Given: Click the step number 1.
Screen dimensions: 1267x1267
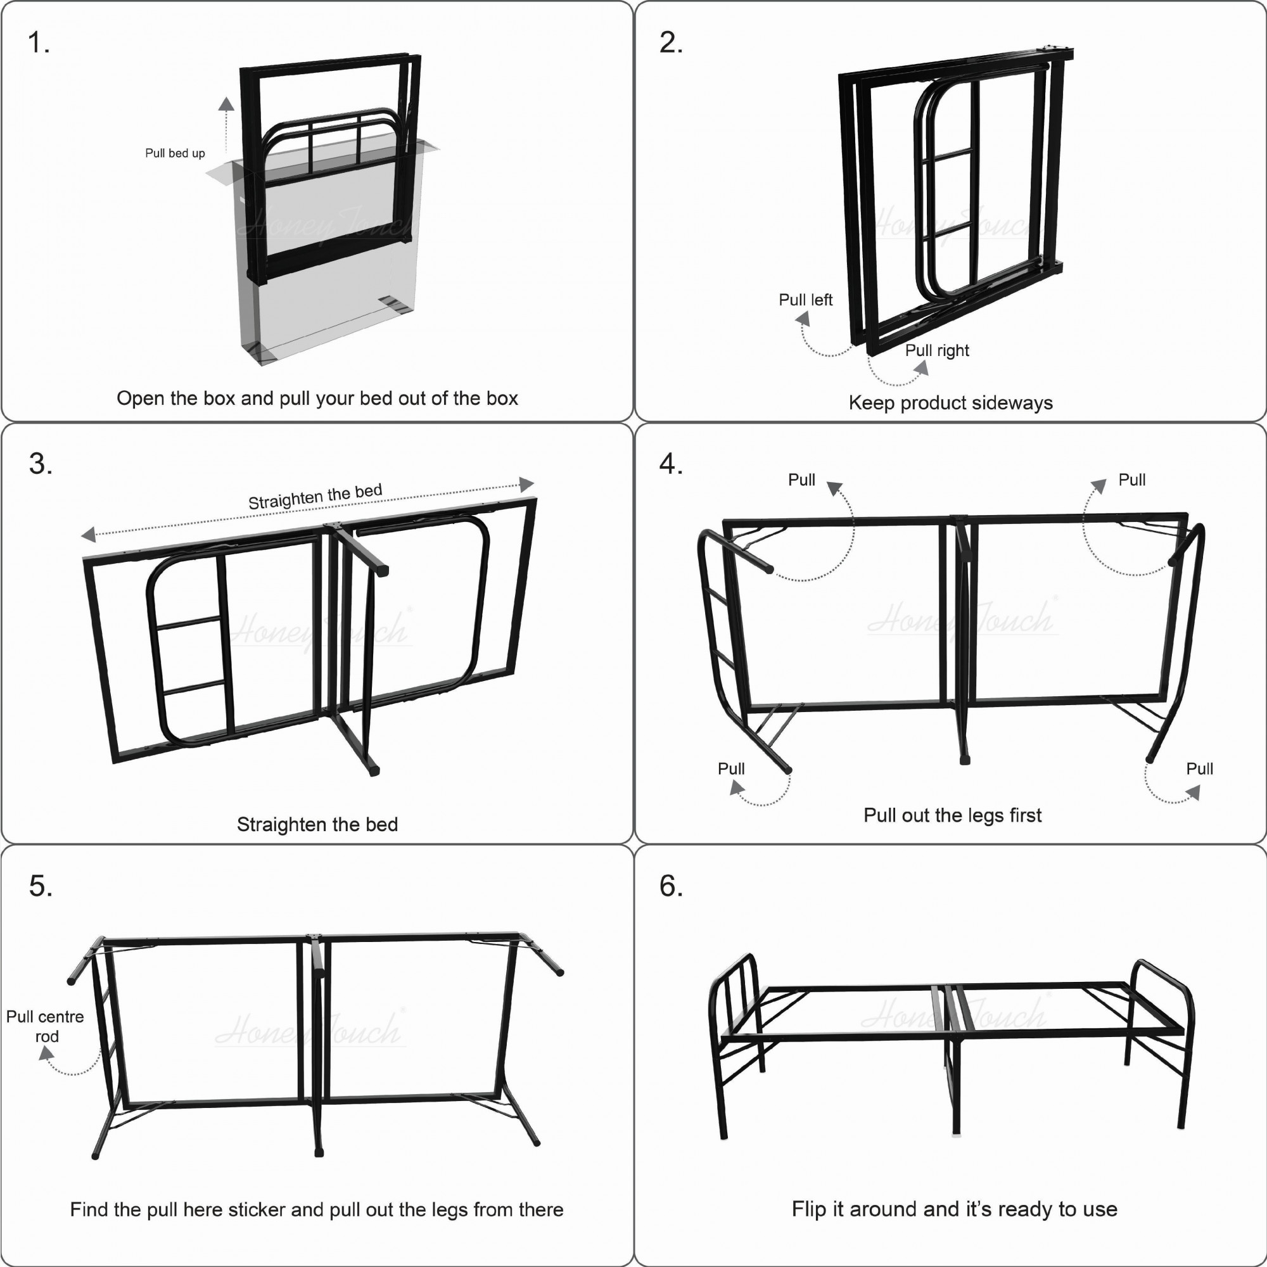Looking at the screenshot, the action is pyautogui.click(x=37, y=42).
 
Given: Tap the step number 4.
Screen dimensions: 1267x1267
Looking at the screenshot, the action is pyautogui.click(x=670, y=464).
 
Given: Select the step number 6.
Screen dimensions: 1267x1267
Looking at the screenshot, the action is pyautogui.click(x=670, y=886).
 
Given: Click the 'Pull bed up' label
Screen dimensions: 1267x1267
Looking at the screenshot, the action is pyautogui.click(x=175, y=153).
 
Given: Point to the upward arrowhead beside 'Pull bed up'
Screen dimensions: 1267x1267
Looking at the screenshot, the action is pyautogui.click(x=226, y=104).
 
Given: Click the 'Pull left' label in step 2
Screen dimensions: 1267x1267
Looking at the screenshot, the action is pyautogui.click(x=805, y=300).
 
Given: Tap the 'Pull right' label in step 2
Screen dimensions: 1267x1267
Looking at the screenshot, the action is pyautogui.click(x=936, y=350).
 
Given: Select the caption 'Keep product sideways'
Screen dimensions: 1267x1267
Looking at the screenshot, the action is pyautogui.click(x=950, y=403).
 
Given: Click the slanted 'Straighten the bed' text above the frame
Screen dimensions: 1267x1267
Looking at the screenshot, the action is pyautogui.click(x=315, y=497).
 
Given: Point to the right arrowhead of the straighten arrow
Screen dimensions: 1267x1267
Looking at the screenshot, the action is pyautogui.click(x=526, y=485).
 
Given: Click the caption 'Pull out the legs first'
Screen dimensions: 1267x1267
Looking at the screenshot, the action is pyautogui.click(x=952, y=815).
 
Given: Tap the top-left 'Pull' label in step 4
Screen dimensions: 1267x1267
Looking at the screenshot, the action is pyautogui.click(x=801, y=480).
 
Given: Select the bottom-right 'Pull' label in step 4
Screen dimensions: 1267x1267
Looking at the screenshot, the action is pyautogui.click(x=1199, y=768).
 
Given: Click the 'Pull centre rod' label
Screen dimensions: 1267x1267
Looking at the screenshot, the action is pyautogui.click(x=45, y=1026).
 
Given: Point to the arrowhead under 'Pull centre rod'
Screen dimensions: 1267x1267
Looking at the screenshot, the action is pyautogui.click(x=46, y=1054).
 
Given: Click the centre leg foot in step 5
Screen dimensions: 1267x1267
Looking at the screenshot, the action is pyautogui.click(x=319, y=1152).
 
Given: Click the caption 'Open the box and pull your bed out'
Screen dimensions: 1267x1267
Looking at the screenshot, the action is pyautogui.click(x=317, y=398).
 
